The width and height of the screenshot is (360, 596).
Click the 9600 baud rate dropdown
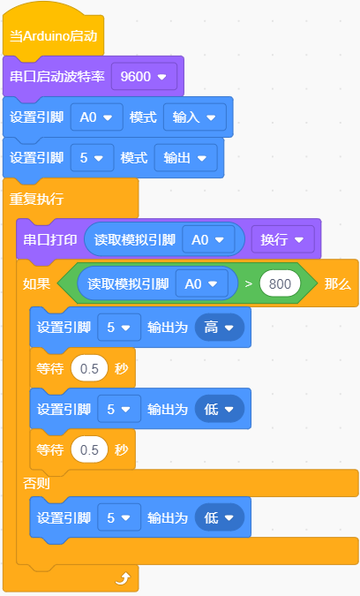144,77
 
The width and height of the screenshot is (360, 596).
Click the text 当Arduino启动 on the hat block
54,36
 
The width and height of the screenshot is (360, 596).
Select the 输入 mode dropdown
195,117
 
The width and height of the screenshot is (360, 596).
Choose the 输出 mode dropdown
185,158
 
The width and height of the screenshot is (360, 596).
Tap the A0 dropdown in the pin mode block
97,117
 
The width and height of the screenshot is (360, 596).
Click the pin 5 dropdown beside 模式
93,158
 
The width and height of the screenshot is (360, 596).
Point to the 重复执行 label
36,199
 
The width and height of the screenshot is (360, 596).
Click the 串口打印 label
50,240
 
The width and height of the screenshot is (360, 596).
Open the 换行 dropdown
283,239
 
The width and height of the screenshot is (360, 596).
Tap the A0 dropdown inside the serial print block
208,240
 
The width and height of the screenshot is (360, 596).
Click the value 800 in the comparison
280,284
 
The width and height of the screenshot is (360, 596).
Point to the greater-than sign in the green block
248,284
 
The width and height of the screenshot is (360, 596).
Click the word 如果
36,284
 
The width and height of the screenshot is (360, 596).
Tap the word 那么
338,284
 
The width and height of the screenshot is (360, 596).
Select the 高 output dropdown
219,328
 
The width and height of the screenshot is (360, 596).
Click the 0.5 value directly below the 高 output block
89,368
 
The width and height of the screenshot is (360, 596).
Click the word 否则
36,484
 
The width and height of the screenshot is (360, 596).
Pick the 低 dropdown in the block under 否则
219,517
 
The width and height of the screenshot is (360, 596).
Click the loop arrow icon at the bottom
123,579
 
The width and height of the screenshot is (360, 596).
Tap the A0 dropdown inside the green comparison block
202,284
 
